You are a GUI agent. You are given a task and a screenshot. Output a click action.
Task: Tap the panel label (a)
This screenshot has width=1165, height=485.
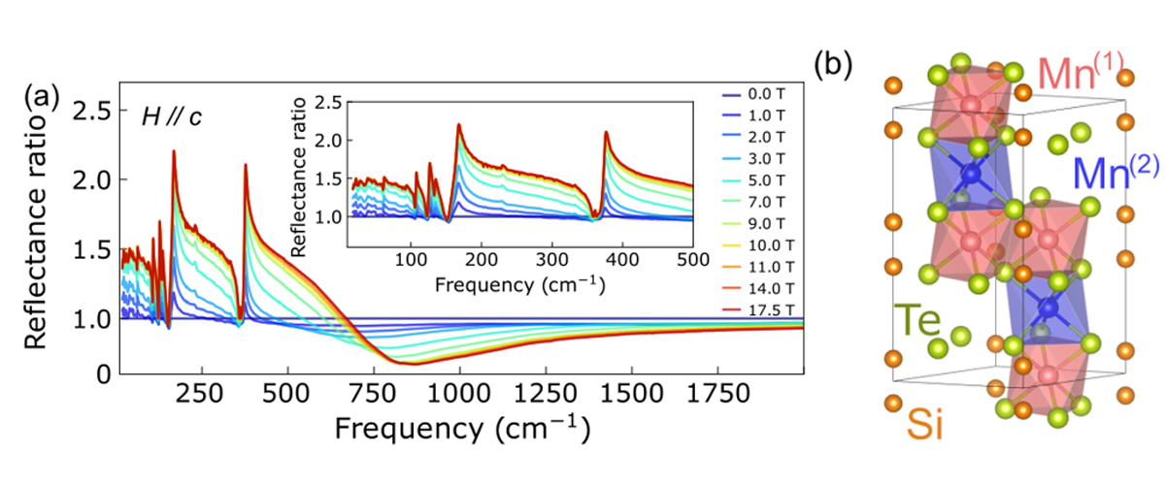(x=45, y=97)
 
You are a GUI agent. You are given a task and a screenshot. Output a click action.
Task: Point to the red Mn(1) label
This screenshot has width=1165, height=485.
(x=1080, y=72)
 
